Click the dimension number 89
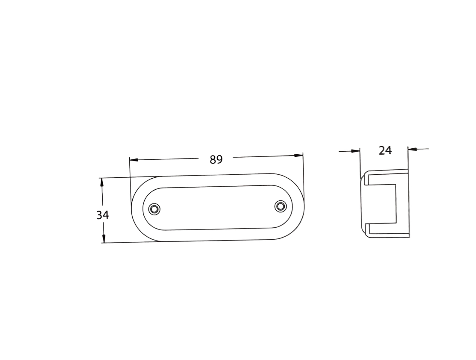click(216, 159)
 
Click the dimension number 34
click(102, 215)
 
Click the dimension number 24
click(385, 150)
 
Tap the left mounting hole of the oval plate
click(154, 209)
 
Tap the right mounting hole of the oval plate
click(280, 206)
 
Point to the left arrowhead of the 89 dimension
click(133, 160)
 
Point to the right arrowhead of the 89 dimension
click(298, 155)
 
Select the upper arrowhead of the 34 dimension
click(102, 183)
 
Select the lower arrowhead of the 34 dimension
click(104, 238)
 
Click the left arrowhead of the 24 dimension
click(356, 151)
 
